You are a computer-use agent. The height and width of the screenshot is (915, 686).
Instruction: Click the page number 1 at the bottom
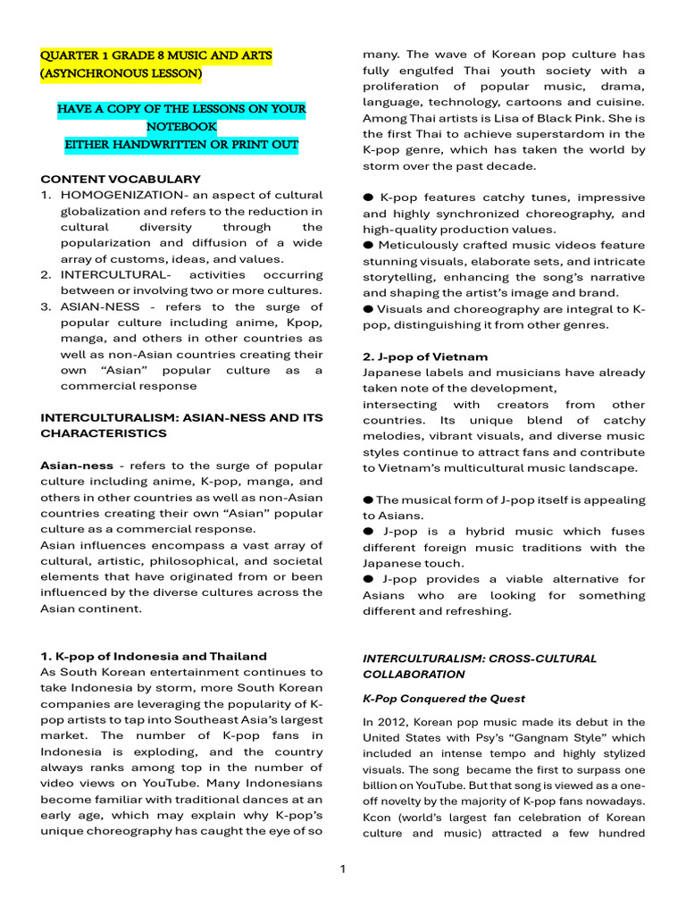tap(343, 869)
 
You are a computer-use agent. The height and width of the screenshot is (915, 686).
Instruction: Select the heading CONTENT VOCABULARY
tap(121, 179)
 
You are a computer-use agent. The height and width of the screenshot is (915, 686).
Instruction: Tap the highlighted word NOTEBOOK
tap(181, 126)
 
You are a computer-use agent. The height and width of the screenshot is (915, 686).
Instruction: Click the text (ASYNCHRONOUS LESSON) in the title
tap(121, 73)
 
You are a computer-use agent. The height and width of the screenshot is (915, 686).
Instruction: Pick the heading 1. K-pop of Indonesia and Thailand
tap(154, 656)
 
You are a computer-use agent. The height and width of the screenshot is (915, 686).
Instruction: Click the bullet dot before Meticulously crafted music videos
tap(368, 245)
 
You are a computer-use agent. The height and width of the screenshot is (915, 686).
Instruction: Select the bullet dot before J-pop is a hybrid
tap(368, 532)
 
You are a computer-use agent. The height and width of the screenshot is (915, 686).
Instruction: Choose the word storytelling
tap(398, 277)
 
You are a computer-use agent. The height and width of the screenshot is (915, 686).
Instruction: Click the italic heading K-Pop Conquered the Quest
tap(443, 698)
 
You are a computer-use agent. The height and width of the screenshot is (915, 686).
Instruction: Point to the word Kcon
tap(378, 818)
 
